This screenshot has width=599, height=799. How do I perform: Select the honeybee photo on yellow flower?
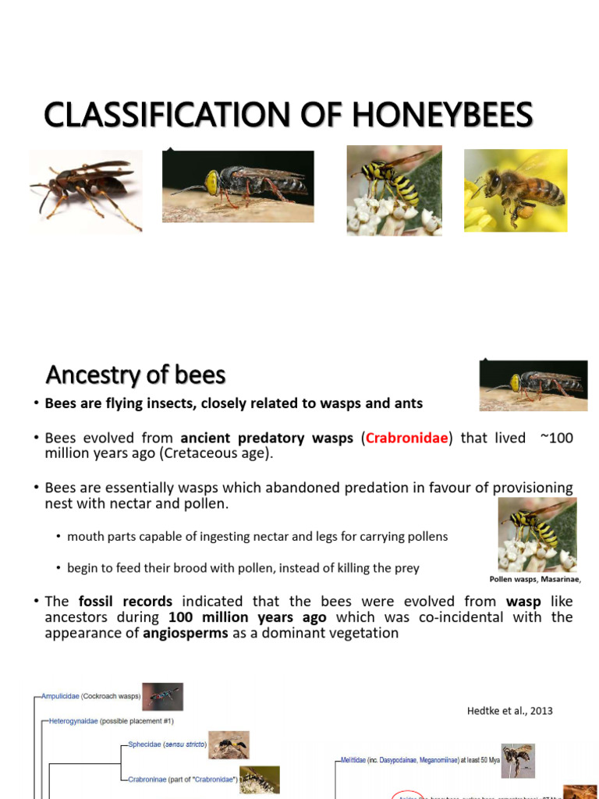click(515, 190)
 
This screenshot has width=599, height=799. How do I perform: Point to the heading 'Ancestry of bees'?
click(136, 375)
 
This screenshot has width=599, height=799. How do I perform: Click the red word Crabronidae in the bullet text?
click(407, 438)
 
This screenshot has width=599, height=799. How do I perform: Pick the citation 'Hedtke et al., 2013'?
click(509, 710)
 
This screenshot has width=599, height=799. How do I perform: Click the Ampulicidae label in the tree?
click(68, 696)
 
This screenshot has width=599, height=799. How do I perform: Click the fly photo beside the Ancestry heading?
click(533, 385)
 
